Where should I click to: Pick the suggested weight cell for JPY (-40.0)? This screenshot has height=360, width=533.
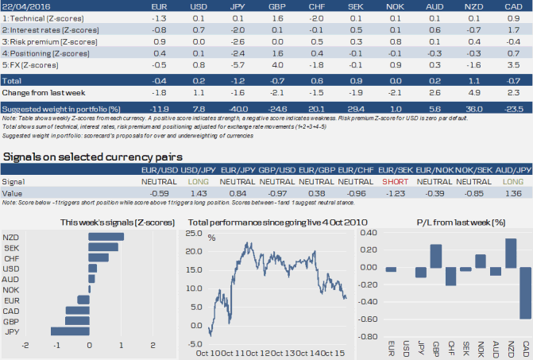(x=236, y=107)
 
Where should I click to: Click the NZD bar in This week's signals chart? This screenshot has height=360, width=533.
(x=106, y=237)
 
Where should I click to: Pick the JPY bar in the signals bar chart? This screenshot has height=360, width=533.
(x=70, y=331)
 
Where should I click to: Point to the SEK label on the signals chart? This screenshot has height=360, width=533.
(x=12, y=247)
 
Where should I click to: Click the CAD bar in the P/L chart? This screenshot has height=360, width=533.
(x=526, y=292)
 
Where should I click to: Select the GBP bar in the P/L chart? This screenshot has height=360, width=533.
(x=436, y=255)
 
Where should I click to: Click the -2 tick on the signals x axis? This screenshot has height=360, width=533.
(x=25, y=346)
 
